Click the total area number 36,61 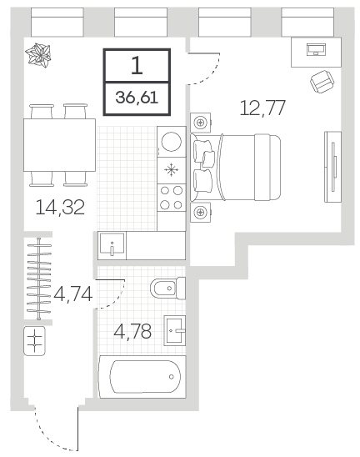(137, 98)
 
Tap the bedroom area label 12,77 (262, 108)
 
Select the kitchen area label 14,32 (60, 207)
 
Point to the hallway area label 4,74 (73, 294)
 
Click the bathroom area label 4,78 (132, 331)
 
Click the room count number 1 (137, 65)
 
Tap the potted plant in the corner (37, 55)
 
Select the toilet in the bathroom (167, 289)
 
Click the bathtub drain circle (172, 377)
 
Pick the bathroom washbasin (175, 330)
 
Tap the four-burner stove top (172, 198)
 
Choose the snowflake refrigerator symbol (172, 170)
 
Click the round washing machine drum (172, 142)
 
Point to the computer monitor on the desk (316, 49)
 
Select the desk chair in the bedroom (322, 82)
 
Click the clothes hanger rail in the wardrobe (38, 279)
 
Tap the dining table (59, 145)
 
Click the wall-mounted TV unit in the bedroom (332, 167)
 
